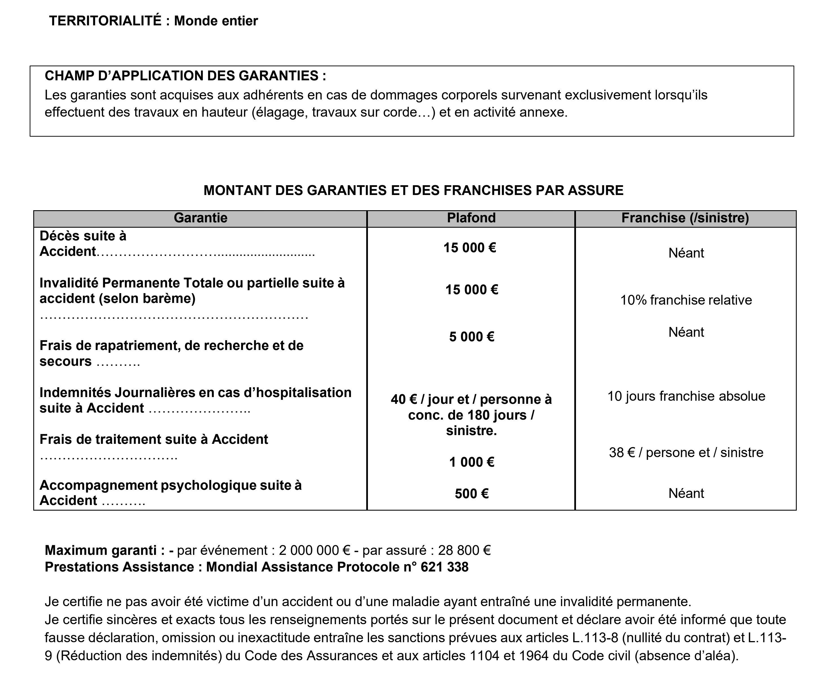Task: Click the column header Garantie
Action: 200,218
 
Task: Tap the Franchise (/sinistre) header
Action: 685,218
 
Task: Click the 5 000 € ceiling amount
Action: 471,337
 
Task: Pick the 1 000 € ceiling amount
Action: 471,462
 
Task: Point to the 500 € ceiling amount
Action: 471,494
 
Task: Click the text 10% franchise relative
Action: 686,300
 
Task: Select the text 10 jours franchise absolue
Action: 686,396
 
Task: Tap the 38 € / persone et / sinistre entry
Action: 686,452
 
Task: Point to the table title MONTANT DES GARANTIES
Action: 413,190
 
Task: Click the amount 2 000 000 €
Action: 315,550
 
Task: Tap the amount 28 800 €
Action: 464,550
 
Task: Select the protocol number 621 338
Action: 444,567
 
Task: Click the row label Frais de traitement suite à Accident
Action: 154,439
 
